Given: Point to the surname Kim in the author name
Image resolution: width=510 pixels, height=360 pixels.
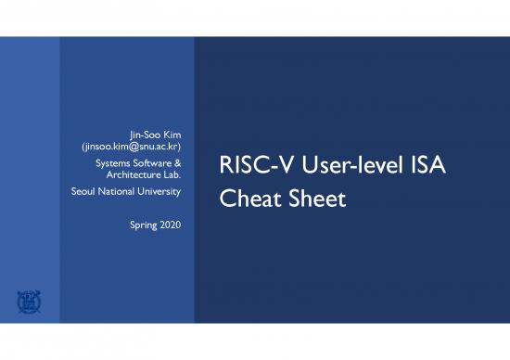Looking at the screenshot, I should point(171,135).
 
